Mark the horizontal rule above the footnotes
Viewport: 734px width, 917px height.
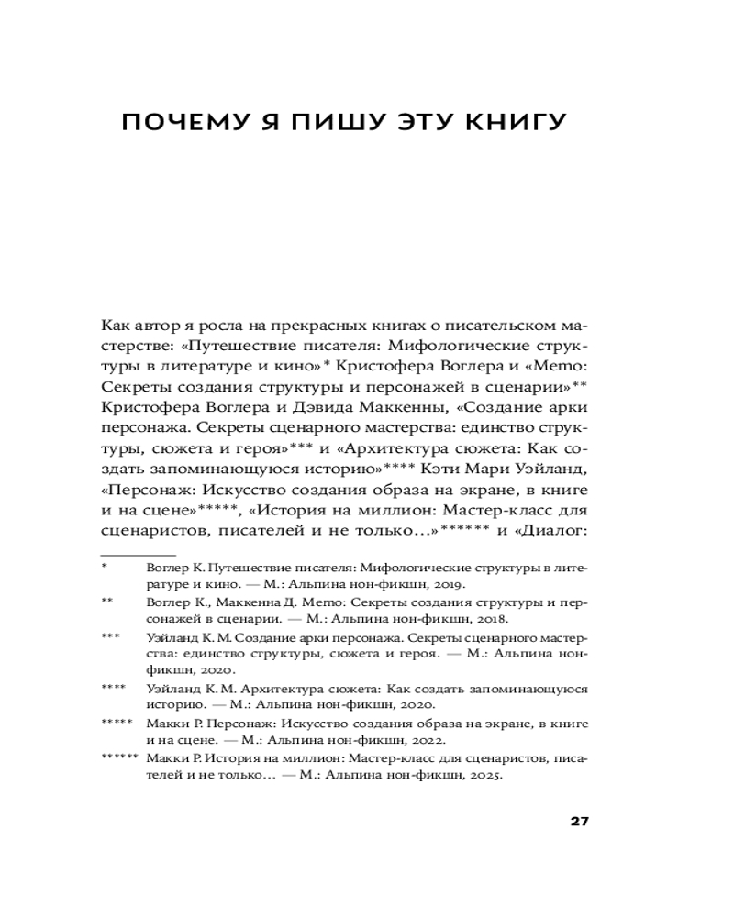coord(138,555)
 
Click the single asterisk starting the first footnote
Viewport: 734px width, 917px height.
coord(105,567)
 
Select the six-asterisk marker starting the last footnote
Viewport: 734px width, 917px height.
coord(118,758)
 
